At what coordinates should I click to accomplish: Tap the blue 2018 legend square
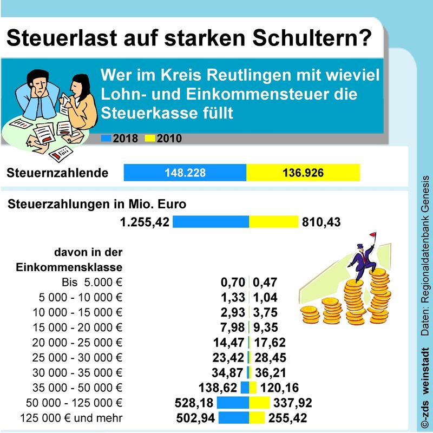(x=106, y=139)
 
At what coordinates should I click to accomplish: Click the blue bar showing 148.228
(x=185, y=173)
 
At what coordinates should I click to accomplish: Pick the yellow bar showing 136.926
(x=303, y=173)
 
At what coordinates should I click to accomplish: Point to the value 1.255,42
(x=145, y=222)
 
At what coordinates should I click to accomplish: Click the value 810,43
(x=323, y=222)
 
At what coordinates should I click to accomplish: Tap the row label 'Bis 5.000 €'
(x=91, y=281)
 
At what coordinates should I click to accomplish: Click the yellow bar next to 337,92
(x=259, y=403)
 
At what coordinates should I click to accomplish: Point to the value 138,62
(x=220, y=388)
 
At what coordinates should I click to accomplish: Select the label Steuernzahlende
(x=57, y=173)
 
